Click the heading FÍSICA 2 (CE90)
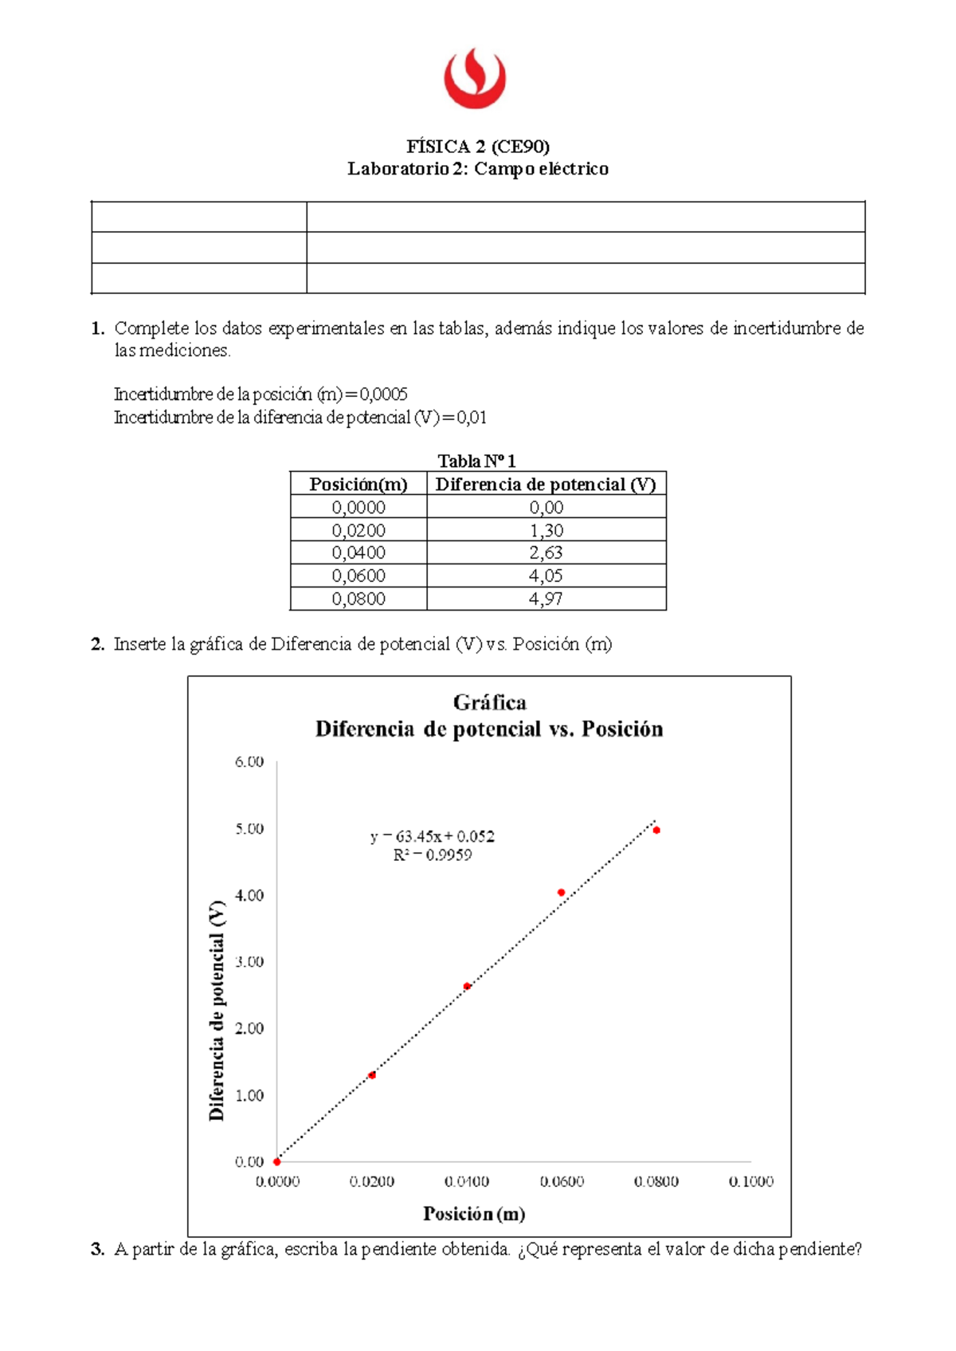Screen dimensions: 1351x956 (478, 146)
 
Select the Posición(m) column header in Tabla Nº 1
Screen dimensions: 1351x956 (358, 484)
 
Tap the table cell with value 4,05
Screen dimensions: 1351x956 (546, 575)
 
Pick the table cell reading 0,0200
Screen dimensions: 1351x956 (358, 530)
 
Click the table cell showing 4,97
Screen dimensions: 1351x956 (546, 599)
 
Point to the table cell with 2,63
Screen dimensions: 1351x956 (546, 552)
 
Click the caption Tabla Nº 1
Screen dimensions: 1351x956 (477, 461)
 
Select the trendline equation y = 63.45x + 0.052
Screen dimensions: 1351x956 (433, 836)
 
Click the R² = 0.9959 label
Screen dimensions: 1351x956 (433, 855)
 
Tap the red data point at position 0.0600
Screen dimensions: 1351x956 (562, 893)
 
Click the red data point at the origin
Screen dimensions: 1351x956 (277, 1161)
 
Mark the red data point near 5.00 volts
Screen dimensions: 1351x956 (656, 831)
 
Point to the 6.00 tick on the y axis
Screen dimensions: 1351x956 (249, 761)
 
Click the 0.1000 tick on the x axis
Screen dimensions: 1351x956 (750, 1181)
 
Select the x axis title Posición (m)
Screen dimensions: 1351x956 (474, 1214)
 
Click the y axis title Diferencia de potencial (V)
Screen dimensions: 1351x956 (217, 1011)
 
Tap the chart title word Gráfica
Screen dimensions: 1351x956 (489, 702)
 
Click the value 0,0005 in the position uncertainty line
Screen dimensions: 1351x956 (383, 394)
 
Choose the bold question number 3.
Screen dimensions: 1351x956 (97, 1250)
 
